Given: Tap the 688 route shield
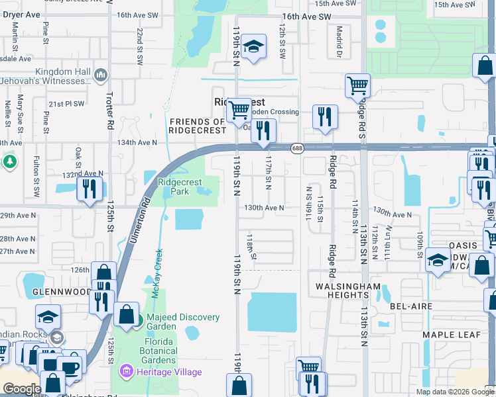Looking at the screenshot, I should [x=297, y=149].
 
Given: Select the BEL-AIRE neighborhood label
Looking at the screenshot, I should [x=411, y=306].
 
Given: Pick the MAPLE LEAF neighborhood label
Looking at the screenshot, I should [x=451, y=335].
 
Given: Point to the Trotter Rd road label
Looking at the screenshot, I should [x=110, y=106].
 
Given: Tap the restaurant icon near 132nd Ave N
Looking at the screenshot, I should [x=87, y=189].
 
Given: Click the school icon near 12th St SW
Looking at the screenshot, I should [x=253, y=47].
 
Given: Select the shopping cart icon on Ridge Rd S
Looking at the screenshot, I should [x=357, y=85].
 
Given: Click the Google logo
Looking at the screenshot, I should [x=22, y=389].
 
